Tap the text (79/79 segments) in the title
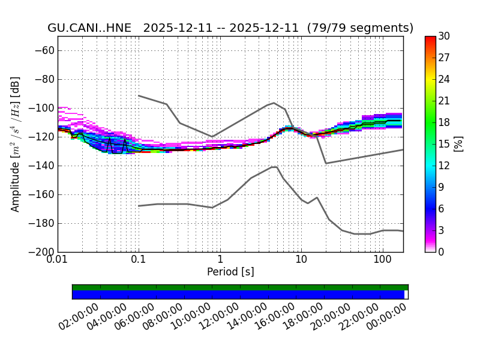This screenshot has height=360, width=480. pos(360,28)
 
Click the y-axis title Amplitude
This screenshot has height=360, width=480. pos(16,144)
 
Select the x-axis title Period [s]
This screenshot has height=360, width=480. pos(230,272)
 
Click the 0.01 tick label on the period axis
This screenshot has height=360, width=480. pos(58,259)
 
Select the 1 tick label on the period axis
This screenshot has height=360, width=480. pos(220,259)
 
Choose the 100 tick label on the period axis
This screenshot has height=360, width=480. pos(382,259)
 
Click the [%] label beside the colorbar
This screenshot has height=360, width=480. pos(459,144)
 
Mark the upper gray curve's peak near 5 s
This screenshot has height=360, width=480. pos(274,103)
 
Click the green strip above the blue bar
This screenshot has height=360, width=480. pos(240,287)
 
